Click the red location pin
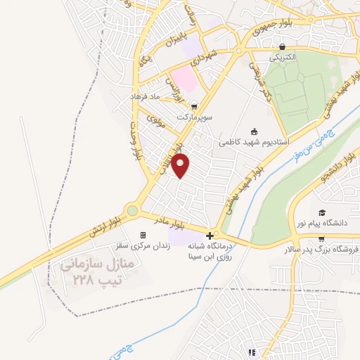[181, 166]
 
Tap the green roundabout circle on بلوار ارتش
[131, 210]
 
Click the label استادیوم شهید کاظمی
[254, 141]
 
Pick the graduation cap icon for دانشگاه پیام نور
[322, 212]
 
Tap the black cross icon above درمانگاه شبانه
[210, 234]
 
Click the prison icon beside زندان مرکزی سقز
[143, 235]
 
